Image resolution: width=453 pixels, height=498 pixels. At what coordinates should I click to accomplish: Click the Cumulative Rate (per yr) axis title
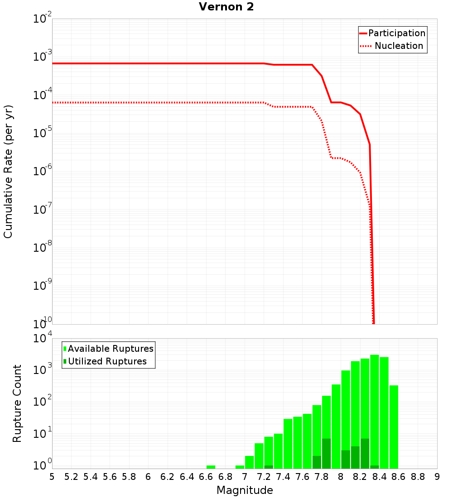[x=8, y=172]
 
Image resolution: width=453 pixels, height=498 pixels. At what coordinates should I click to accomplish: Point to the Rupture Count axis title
[x=17, y=403]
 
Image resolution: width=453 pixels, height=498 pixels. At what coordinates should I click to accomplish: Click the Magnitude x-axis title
[x=245, y=490]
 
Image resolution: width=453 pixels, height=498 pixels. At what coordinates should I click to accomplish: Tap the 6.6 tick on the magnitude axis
[x=206, y=477]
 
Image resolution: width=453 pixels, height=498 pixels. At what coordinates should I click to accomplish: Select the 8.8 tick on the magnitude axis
[x=418, y=477]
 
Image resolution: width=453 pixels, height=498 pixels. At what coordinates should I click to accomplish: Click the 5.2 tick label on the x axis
[x=71, y=477]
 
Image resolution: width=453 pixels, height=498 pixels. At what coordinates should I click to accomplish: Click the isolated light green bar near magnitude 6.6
[x=211, y=467]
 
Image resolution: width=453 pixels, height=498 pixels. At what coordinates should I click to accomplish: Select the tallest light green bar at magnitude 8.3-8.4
[x=375, y=407]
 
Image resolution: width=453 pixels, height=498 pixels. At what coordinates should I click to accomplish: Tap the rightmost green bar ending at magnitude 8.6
[x=394, y=426]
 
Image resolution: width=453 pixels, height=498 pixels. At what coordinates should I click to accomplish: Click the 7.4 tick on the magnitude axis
[x=283, y=477]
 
